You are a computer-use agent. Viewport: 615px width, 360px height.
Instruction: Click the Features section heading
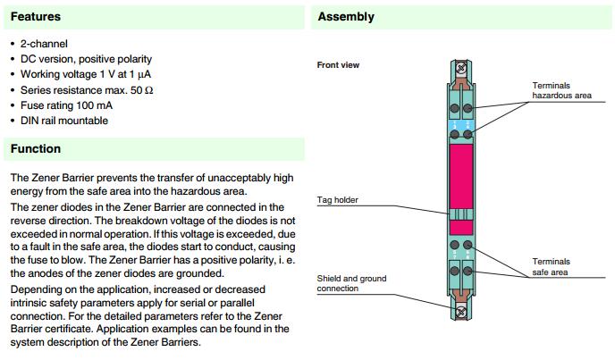pyautogui.click(x=35, y=17)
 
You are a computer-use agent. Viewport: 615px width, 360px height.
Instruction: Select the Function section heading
pyautogui.click(x=36, y=149)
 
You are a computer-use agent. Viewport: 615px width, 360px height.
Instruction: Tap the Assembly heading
pyautogui.click(x=346, y=17)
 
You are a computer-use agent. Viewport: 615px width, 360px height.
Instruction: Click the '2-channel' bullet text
pyautogui.click(x=44, y=44)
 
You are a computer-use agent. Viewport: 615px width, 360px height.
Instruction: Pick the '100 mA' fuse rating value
pyautogui.click(x=97, y=105)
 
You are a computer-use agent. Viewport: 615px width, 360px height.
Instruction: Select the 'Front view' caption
pyautogui.click(x=338, y=65)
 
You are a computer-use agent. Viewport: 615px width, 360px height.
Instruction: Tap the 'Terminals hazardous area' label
pyautogui.click(x=562, y=89)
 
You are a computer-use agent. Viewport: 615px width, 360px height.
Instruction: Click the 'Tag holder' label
pyautogui.click(x=338, y=200)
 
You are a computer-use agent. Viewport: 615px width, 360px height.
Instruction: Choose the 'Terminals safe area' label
pyautogui.click(x=551, y=266)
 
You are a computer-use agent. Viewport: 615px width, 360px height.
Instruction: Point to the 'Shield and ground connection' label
pyautogui.click(x=352, y=283)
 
